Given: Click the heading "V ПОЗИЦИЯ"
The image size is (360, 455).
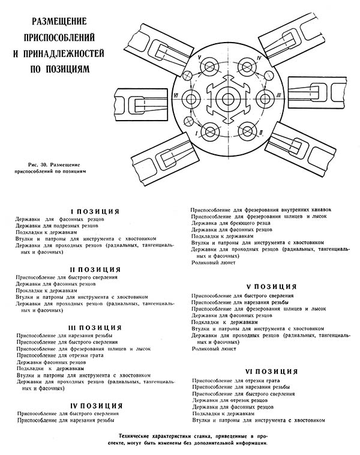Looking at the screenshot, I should point(272,287).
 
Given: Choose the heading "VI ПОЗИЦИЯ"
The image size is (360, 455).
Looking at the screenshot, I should point(272,372).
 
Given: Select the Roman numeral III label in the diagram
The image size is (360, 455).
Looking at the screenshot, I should point(279,96).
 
